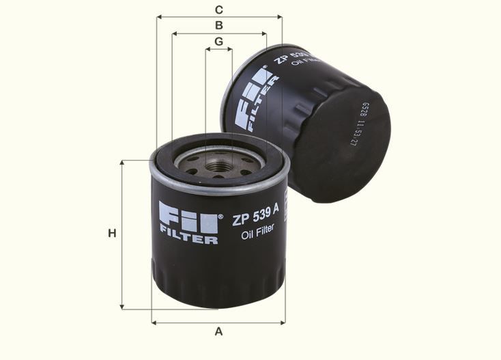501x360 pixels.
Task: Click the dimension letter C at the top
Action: (218, 10)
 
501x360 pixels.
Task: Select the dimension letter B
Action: (218, 25)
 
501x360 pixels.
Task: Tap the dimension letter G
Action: (218, 42)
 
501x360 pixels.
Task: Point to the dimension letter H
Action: (112, 234)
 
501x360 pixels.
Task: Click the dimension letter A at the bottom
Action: (218, 332)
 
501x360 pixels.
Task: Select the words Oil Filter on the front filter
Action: (258, 230)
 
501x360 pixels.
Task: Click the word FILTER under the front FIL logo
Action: (188, 239)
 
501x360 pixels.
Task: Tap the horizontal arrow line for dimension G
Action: (218, 50)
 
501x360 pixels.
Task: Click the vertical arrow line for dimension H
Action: (122, 234)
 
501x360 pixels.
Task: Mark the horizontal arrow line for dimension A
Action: (218, 322)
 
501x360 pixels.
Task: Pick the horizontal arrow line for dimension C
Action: (218, 17)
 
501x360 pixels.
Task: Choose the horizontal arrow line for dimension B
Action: (218, 33)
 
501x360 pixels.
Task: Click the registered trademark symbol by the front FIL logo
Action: (220, 217)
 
